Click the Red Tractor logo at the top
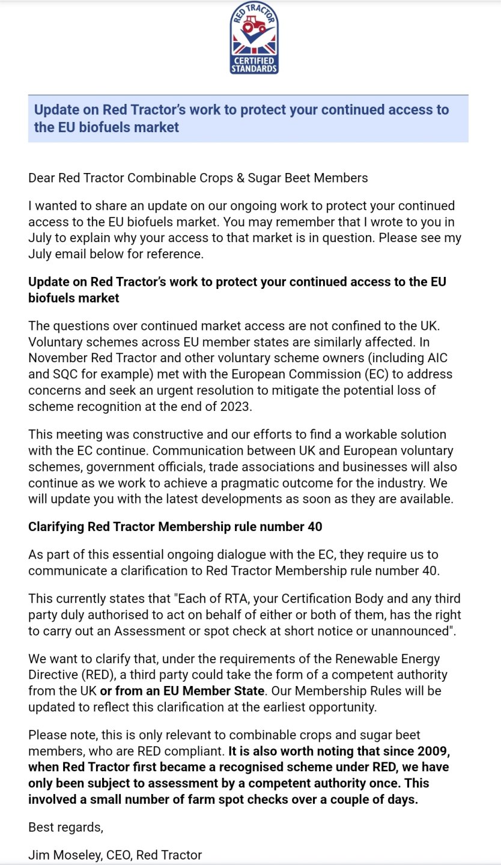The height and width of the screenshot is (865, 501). (x=254, y=37)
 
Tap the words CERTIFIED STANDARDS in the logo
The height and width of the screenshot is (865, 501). (x=254, y=65)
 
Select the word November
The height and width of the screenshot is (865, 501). (x=58, y=358)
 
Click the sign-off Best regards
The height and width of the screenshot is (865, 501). (x=65, y=827)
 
